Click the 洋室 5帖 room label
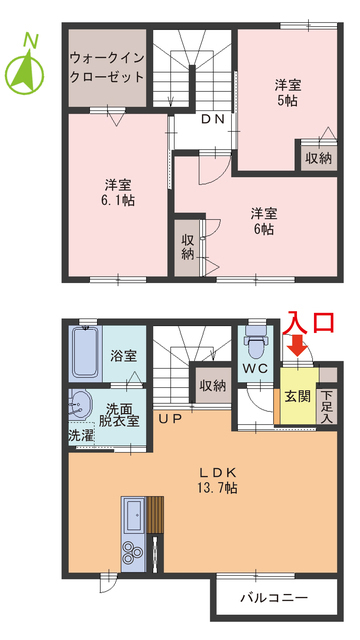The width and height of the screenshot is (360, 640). (288, 92)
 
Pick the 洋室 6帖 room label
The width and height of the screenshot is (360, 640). (264, 221)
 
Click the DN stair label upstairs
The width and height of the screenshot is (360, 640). (212, 120)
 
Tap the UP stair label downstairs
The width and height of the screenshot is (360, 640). (169, 419)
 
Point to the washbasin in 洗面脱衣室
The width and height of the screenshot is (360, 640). (79, 406)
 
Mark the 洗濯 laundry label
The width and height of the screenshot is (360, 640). (81, 436)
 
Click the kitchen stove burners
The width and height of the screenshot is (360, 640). (133, 553)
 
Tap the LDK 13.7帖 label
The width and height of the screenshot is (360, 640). (216, 479)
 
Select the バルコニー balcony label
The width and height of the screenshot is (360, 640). (273, 599)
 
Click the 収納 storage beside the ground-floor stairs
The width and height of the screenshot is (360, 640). (212, 385)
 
